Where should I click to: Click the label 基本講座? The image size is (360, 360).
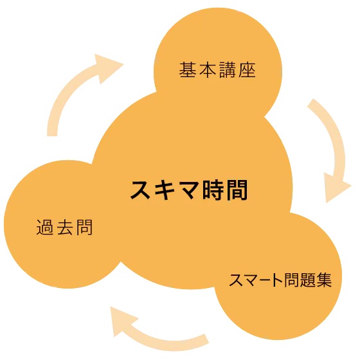(x=217, y=70)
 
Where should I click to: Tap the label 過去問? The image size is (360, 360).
(x=64, y=227)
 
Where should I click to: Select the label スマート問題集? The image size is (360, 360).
(x=280, y=280)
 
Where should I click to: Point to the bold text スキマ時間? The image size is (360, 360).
(x=189, y=190)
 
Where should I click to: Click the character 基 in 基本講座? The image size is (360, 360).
(x=188, y=70)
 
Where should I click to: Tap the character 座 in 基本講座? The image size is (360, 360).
(x=247, y=70)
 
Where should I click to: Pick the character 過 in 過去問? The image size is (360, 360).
(x=45, y=227)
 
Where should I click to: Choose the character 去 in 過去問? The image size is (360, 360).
(x=65, y=227)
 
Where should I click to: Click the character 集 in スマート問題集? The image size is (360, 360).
(x=324, y=280)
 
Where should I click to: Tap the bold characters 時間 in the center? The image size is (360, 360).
(x=225, y=190)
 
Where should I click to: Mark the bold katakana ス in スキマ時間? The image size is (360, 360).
(x=141, y=190)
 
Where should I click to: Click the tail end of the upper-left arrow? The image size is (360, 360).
(x=52, y=136)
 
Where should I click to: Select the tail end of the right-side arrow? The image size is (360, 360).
(x=310, y=103)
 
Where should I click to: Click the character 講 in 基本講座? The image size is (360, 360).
(x=228, y=70)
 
